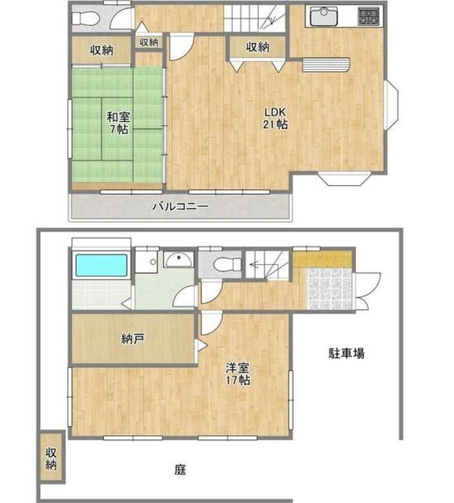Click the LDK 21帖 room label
click(275, 119)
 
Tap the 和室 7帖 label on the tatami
click(118, 123)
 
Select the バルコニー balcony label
click(180, 206)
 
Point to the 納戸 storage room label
click(133, 339)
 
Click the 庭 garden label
click(180, 470)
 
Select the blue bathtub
click(101, 265)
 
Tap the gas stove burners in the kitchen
click(367, 16)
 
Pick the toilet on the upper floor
click(87, 19)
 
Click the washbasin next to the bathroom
click(180, 258)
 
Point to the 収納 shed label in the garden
click(51, 458)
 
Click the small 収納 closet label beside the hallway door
click(149, 42)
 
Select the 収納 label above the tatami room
click(101, 50)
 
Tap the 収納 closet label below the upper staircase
click(257, 46)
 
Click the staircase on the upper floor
click(256, 17)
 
